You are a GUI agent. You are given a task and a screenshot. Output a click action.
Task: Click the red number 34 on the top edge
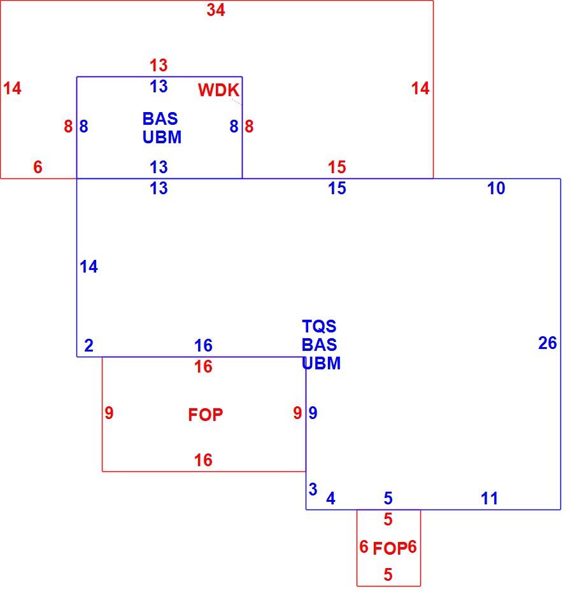216,10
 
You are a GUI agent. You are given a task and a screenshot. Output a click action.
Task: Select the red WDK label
218,90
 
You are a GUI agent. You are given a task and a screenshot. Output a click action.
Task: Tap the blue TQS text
319,327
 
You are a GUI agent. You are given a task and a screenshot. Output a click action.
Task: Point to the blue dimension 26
547,343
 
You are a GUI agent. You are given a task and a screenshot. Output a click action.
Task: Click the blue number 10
496,189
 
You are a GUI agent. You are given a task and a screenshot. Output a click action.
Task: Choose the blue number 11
490,499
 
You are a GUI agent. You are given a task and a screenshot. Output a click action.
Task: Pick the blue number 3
313,490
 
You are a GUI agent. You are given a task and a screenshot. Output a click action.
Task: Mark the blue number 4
330,499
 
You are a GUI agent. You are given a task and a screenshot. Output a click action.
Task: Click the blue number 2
89,346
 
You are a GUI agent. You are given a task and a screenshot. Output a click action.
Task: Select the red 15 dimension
337,167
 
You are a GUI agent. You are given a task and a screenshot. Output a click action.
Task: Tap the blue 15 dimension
337,189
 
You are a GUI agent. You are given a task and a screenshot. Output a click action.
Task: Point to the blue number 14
89,267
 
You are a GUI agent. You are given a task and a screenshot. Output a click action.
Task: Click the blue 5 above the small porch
388,499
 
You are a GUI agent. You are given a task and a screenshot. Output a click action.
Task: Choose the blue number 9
313,413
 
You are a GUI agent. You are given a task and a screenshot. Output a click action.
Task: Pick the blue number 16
203,346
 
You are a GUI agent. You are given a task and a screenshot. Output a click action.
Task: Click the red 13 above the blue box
159,66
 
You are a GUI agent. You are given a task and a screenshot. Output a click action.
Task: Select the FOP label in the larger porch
206,415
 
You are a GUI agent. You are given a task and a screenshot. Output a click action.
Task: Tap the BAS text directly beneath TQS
320,345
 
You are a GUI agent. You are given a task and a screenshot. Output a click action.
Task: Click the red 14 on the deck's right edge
420,89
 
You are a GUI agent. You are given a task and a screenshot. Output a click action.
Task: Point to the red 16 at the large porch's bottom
203,460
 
